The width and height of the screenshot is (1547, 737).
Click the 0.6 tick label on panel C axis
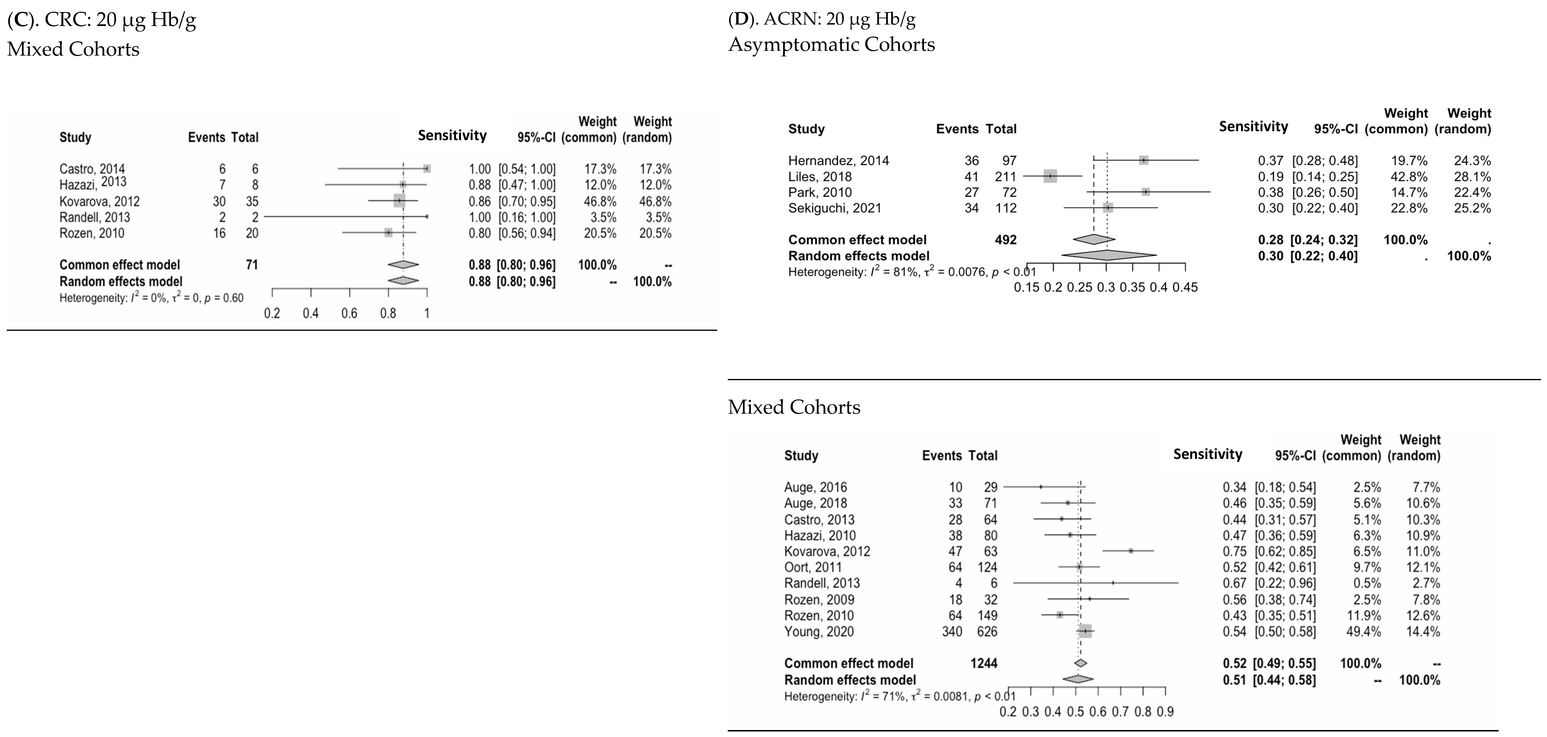tap(349, 313)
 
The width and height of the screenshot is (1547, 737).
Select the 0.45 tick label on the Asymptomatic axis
tap(1185, 287)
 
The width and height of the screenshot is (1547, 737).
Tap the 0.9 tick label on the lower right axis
tap(1165, 712)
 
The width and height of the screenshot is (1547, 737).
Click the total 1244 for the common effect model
tap(984, 663)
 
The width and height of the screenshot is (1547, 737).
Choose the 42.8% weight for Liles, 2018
tap(1409, 176)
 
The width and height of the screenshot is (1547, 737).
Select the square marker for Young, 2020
tap(1085, 631)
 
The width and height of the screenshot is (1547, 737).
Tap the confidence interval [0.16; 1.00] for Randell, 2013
tap(527, 217)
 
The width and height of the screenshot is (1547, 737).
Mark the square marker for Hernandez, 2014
tap(1144, 160)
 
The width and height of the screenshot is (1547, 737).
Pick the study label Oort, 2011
tap(812, 567)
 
